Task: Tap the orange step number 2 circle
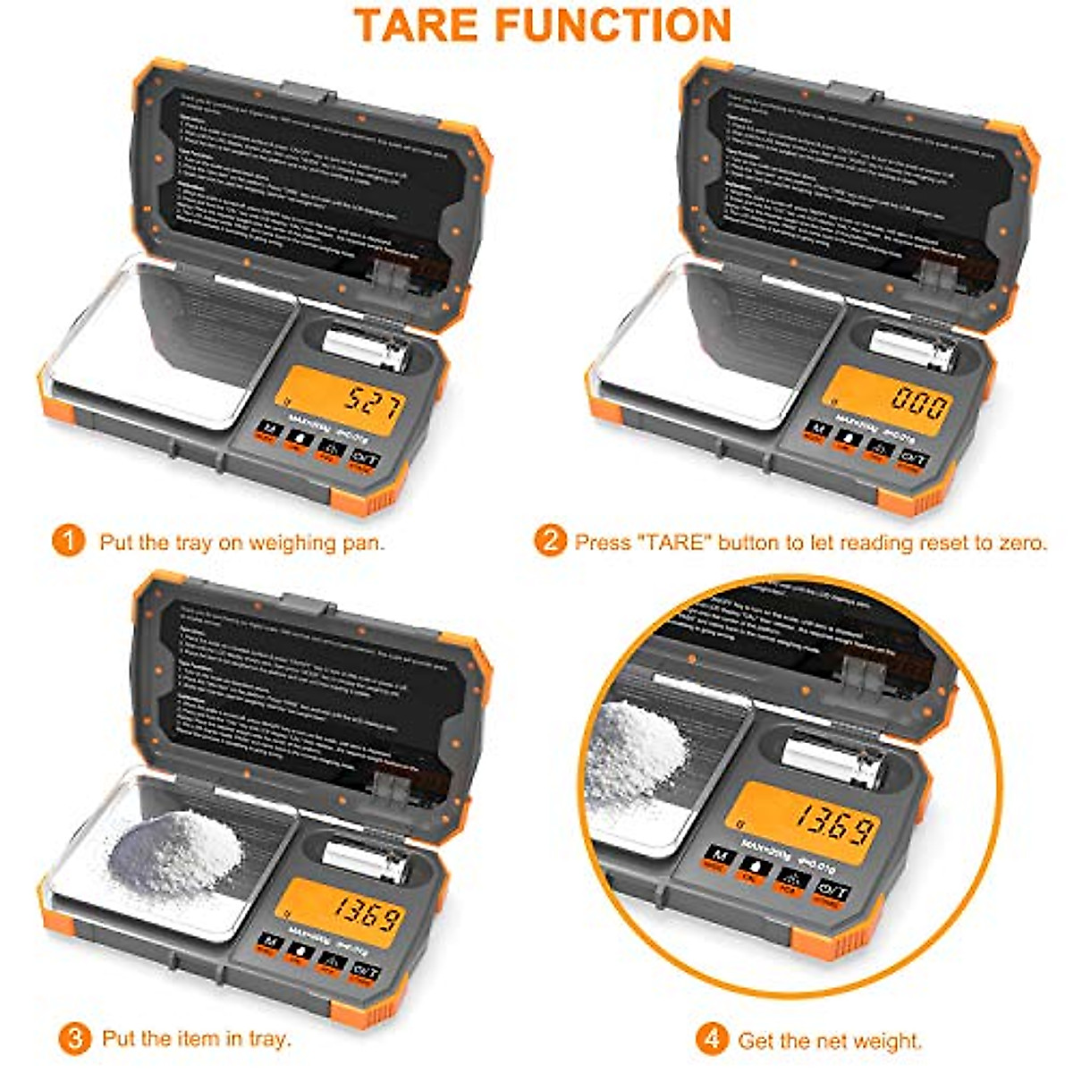point(550,542)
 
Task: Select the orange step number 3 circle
point(74,1038)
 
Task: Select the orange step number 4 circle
point(712,1040)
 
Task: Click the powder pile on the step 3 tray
point(174,849)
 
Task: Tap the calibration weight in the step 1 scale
point(364,347)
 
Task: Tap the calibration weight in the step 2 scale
point(912,346)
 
